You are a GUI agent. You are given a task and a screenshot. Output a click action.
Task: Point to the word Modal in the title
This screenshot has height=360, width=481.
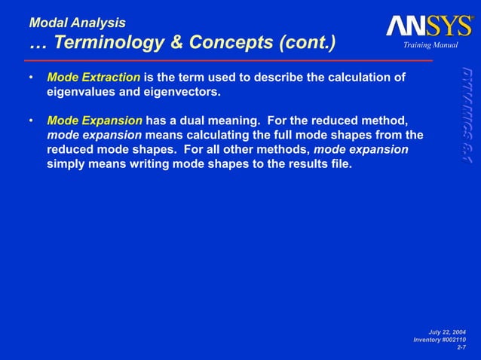click(x=48, y=23)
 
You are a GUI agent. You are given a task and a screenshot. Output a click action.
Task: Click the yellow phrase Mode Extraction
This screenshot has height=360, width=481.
click(x=93, y=78)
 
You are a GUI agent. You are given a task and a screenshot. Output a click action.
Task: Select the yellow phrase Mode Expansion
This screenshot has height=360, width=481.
click(x=94, y=121)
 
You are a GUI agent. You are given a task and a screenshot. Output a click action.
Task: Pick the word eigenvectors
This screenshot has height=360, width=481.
click(x=174, y=92)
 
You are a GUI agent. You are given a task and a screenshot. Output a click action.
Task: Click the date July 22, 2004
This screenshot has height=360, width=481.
click(x=447, y=332)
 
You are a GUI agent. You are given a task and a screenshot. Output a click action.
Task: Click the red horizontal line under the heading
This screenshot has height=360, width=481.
click(x=226, y=60)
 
